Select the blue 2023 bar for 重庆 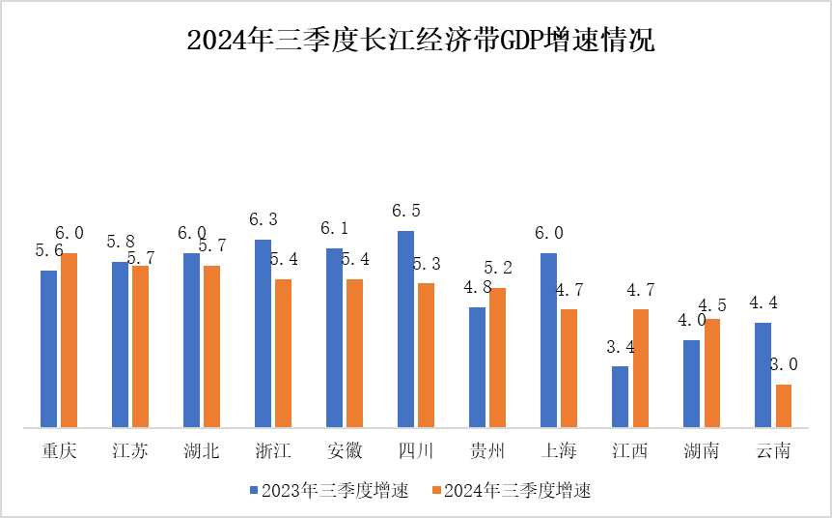[x=48, y=348]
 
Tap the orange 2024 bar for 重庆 [x=69, y=339]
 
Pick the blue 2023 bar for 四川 [x=405, y=329]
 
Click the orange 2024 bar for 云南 [x=784, y=405]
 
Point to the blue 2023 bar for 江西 [x=620, y=396]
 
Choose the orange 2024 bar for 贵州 [x=498, y=357]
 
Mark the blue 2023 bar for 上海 [x=548, y=339]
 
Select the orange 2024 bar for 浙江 [x=284, y=353]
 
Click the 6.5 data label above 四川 [x=405, y=211]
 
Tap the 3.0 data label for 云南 [x=783, y=364]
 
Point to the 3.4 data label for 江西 [x=620, y=346]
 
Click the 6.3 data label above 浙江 [x=263, y=219]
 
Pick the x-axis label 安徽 [x=345, y=451]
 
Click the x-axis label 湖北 [x=202, y=451]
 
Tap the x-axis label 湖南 [x=702, y=451]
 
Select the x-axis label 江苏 [x=130, y=451]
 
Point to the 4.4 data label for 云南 [x=763, y=302]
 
